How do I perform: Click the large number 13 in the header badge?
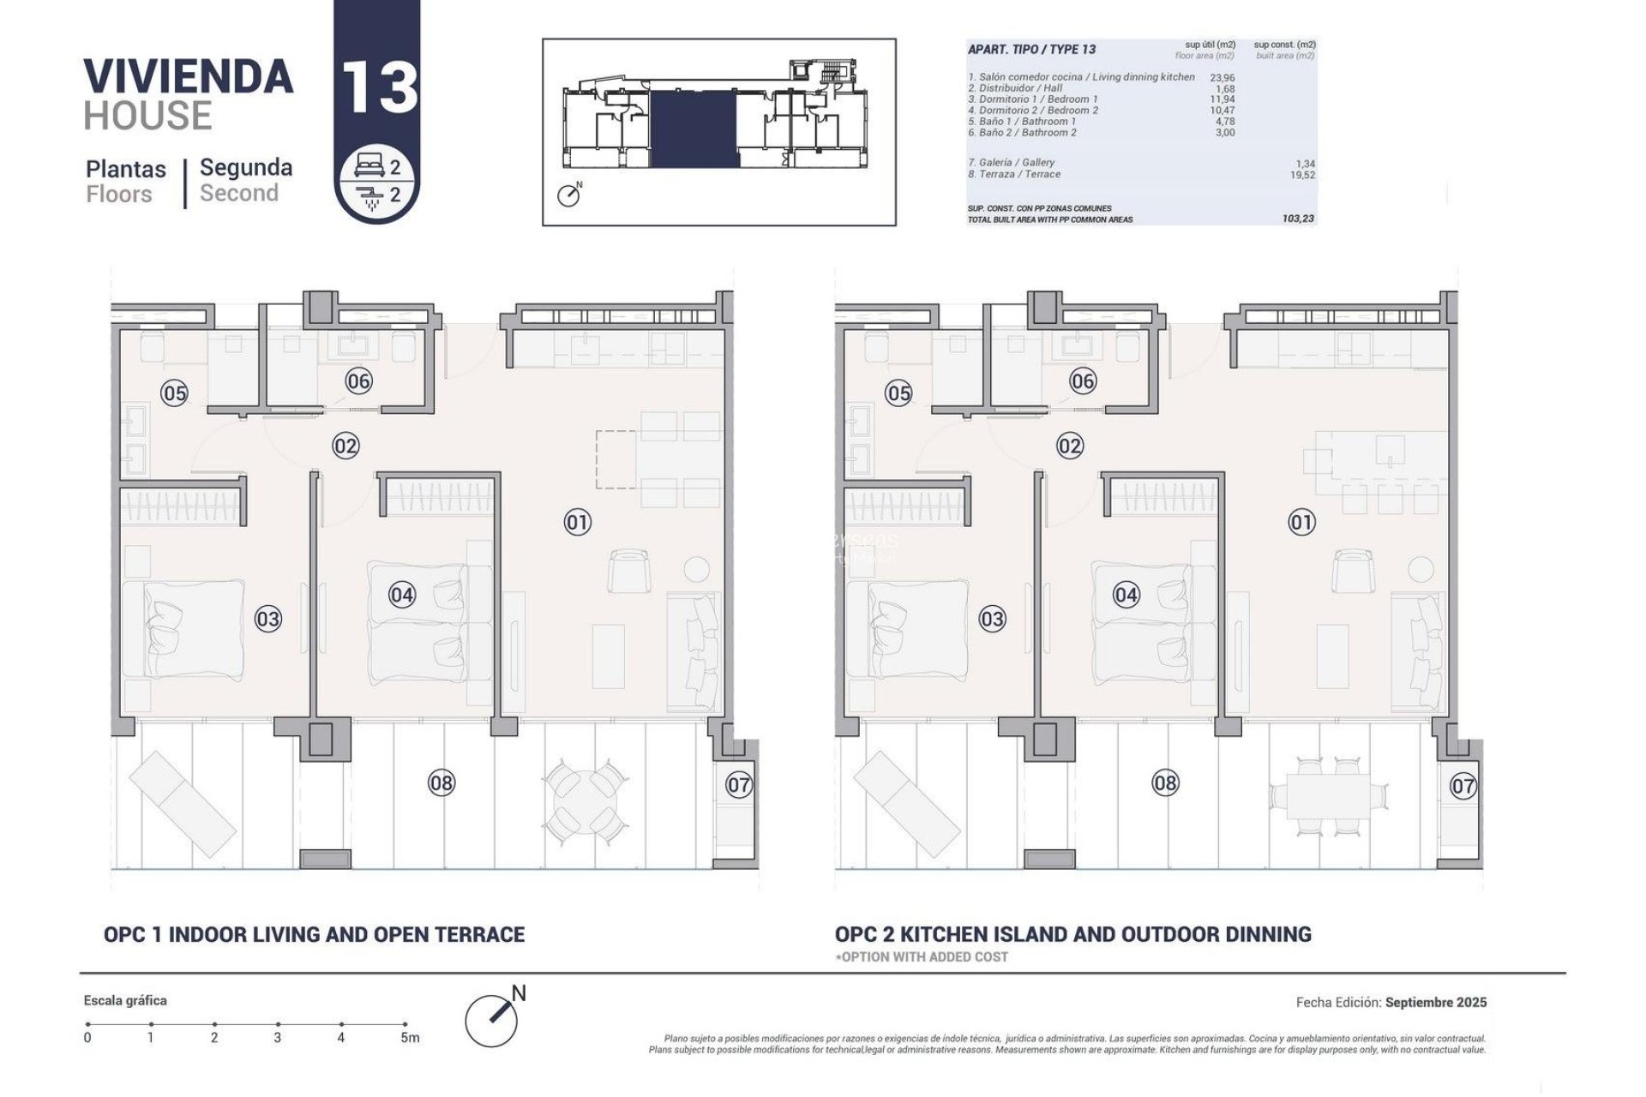click(379, 87)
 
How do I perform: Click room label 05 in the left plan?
click(175, 393)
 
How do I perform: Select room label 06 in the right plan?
click(1083, 381)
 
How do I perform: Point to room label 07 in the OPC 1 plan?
click(739, 784)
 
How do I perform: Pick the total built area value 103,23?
click(1298, 219)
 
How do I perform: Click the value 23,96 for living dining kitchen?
click(1222, 77)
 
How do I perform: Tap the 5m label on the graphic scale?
click(411, 1038)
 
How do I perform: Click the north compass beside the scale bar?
click(493, 1017)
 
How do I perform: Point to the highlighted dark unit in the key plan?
click(694, 129)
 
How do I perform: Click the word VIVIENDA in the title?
click(189, 76)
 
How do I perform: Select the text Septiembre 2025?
click(1436, 1002)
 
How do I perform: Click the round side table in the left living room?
click(696, 569)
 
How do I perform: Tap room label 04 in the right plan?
click(1126, 595)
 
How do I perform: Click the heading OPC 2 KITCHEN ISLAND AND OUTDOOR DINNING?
click(1072, 934)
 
